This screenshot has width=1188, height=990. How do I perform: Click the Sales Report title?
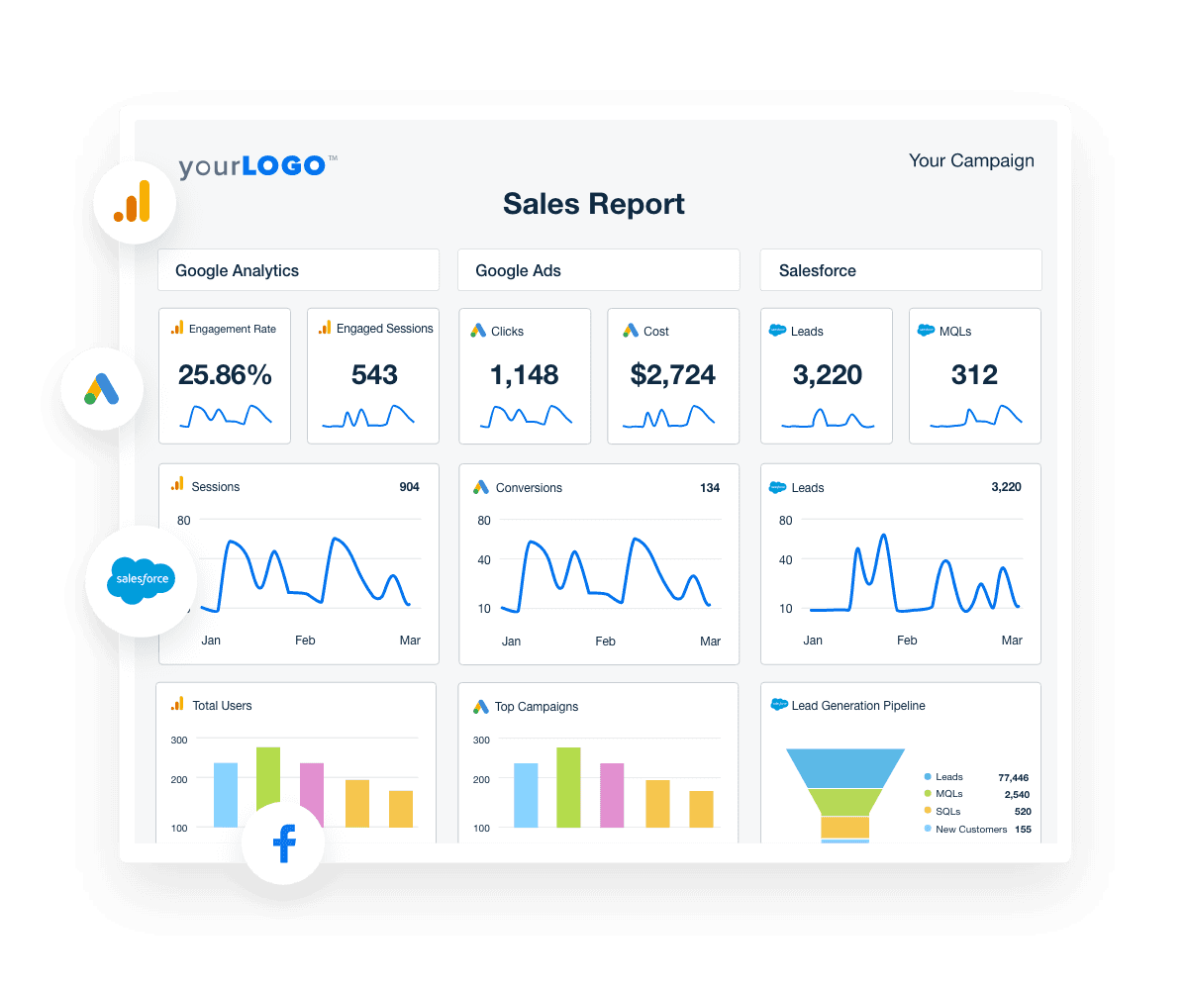click(x=594, y=204)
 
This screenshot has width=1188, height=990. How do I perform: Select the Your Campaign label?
click(x=971, y=160)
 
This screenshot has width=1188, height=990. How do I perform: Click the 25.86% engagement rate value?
click(x=225, y=375)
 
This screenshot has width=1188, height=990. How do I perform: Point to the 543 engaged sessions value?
click(x=374, y=375)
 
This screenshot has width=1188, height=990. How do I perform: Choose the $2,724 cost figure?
click(x=673, y=375)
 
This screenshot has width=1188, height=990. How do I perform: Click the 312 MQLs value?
click(x=974, y=375)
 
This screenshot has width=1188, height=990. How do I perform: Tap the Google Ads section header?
click(x=519, y=270)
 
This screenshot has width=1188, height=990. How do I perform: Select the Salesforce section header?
click(x=818, y=270)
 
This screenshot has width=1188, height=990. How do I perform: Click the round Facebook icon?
click(x=283, y=843)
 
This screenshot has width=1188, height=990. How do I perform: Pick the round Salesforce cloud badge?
click(x=141, y=580)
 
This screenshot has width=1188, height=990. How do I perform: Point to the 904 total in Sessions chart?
click(x=409, y=487)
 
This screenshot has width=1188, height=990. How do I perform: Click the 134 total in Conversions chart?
click(x=710, y=488)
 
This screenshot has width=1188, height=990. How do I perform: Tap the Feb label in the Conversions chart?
click(x=606, y=642)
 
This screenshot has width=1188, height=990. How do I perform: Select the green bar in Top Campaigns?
click(x=568, y=787)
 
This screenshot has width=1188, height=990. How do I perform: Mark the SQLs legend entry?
click(x=948, y=812)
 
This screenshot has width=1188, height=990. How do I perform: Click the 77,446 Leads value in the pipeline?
click(x=1013, y=778)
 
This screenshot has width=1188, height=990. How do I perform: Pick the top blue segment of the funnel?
click(x=845, y=767)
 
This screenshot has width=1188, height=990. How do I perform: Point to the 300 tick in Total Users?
click(x=179, y=740)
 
